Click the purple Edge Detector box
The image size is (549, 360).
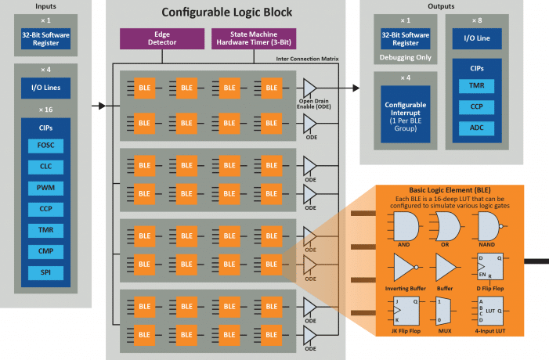(162, 38)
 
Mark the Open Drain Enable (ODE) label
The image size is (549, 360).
(312, 103)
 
